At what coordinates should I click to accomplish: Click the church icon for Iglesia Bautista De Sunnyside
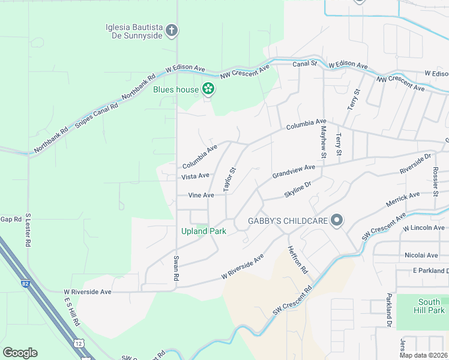tap(172, 31)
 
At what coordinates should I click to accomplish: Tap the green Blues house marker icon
tap(208, 89)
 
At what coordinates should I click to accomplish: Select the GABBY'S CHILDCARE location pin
tap(337, 221)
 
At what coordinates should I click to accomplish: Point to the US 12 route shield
tap(79, 343)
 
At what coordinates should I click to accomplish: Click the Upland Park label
tap(203, 231)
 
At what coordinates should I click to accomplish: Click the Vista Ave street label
tap(195, 176)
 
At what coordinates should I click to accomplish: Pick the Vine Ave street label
tap(200, 195)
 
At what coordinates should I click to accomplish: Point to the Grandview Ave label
tap(293, 172)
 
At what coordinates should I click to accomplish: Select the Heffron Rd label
tap(297, 260)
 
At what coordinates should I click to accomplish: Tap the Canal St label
tap(304, 63)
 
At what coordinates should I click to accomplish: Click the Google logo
tap(20, 353)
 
